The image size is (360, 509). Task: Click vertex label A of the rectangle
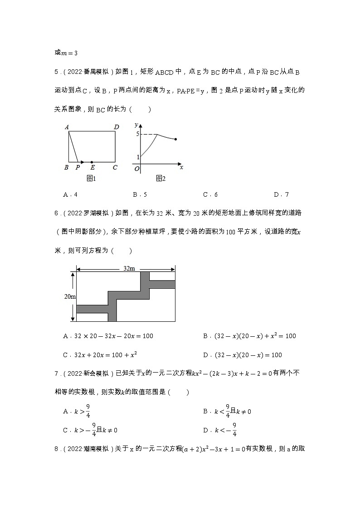(x=67, y=127)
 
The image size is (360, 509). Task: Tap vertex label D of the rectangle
(x=117, y=127)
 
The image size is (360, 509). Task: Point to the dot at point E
(x=92, y=162)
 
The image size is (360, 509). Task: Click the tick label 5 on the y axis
(x=137, y=134)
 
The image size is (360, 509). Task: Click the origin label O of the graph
(x=136, y=169)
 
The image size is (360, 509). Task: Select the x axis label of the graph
(x=181, y=167)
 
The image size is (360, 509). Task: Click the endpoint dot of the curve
(x=175, y=139)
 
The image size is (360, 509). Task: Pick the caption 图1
(x=91, y=179)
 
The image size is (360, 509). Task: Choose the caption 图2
(x=161, y=179)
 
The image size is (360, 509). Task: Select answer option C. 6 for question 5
(x=210, y=195)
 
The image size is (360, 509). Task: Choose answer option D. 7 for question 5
(x=281, y=195)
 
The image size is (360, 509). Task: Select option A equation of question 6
(x=108, y=336)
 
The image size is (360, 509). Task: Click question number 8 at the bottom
(x=57, y=449)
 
